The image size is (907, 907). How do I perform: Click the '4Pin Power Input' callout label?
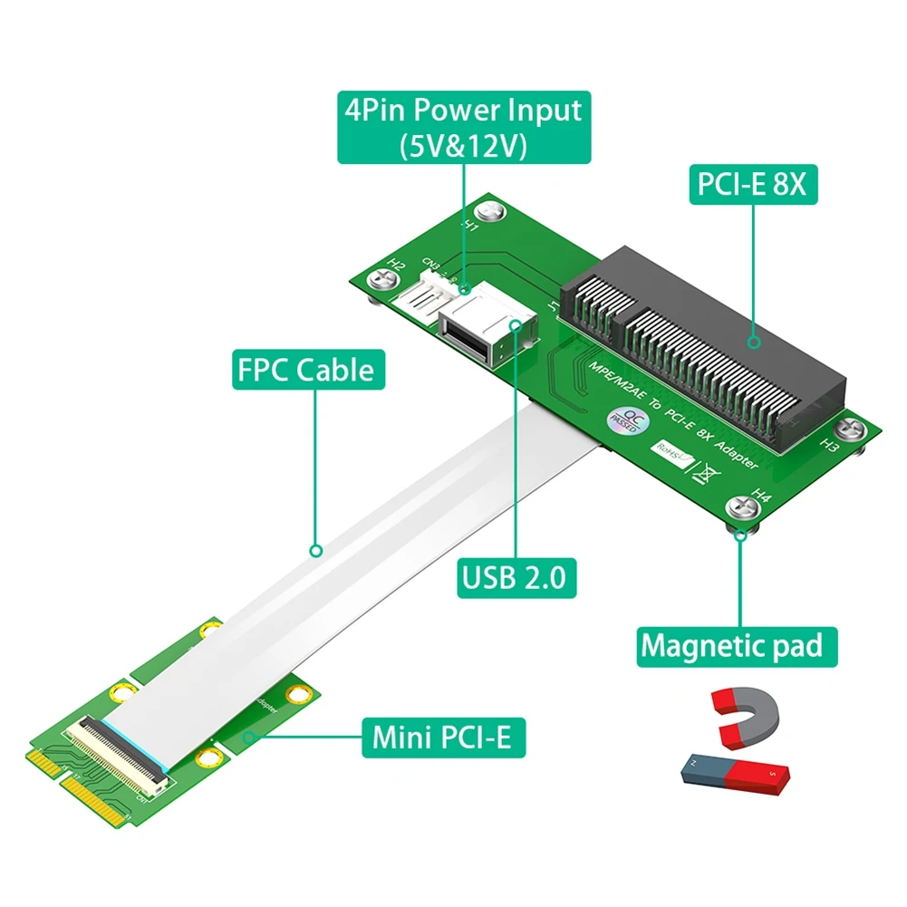pos(462,127)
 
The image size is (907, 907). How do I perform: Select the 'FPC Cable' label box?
pos(304,370)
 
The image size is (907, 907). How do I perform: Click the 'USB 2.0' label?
pos(516,575)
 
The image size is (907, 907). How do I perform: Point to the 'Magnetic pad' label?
pos(730,646)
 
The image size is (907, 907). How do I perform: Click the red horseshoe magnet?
pos(746,715)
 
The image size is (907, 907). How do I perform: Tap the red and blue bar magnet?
pos(735,772)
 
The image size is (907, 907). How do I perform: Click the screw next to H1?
pos(493,210)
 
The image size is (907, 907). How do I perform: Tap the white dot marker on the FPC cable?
pos(315,550)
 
